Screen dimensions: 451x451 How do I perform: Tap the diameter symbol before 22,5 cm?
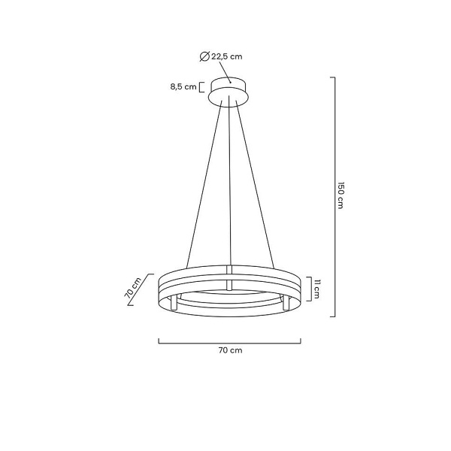(204, 56)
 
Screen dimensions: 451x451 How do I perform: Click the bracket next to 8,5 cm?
(203, 86)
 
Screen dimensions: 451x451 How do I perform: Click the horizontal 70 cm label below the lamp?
(230, 350)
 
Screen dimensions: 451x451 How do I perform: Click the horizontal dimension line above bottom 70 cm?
(230, 341)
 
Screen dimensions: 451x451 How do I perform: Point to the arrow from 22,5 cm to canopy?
(223, 73)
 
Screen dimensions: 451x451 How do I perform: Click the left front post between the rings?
(174, 303)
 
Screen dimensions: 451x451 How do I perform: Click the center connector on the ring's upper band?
(230, 268)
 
